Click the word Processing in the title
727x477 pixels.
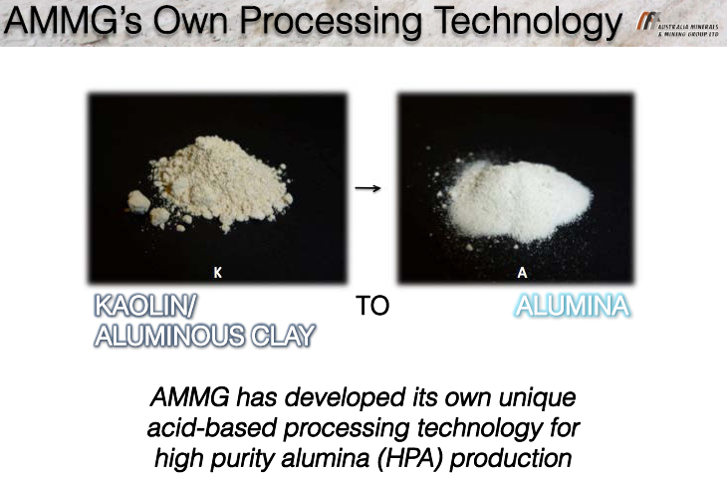tap(331, 21)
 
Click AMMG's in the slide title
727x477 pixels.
tap(73, 21)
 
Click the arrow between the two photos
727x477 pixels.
tap(367, 188)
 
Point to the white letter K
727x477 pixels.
tap(217, 273)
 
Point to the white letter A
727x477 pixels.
tap(522, 273)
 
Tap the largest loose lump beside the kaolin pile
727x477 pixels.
tap(138, 202)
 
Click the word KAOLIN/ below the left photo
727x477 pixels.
tap(145, 306)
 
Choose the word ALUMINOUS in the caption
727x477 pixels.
tap(168, 336)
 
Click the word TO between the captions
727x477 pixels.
tap(372, 306)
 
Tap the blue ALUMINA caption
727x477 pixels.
tap(573, 306)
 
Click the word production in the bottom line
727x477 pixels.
tap(511, 459)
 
